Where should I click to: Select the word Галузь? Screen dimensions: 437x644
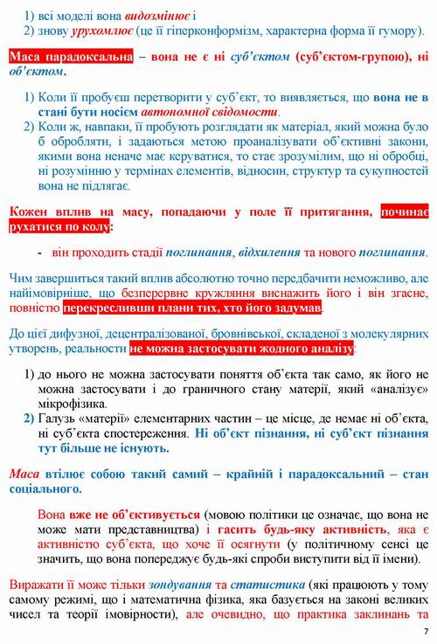pyautogui.click(x=57, y=421)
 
